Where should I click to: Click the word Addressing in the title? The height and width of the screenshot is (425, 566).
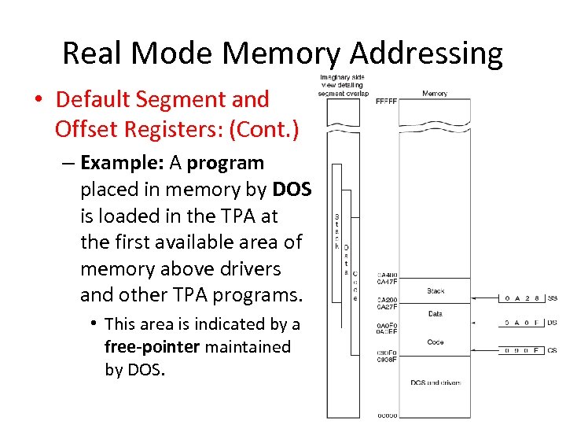click(x=426, y=54)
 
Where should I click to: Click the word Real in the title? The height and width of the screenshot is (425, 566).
click(x=92, y=54)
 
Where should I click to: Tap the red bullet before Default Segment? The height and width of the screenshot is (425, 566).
click(x=38, y=100)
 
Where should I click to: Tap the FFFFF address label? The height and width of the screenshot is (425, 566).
click(x=386, y=102)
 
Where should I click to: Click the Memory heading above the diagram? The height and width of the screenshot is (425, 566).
click(x=434, y=93)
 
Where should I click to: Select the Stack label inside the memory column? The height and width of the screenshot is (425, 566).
click(x=436, y=291)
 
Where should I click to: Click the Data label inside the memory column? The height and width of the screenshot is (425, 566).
click(x=436, y=314)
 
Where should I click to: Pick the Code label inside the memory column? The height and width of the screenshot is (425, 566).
click(x=436, y=342)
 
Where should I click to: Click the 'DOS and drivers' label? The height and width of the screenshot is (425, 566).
click(x=436, y=383)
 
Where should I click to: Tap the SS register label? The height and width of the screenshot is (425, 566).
click(x=553, y=299)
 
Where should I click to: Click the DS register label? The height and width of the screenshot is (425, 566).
click(x=553, y=323)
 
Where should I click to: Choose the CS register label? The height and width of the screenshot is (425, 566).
click(x=553, y=350)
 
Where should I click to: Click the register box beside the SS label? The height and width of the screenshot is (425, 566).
click(x=522, y=299)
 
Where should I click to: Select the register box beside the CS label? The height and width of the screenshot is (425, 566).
click(x=522, y=350)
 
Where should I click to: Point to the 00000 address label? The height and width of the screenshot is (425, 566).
click(x=387, y=416)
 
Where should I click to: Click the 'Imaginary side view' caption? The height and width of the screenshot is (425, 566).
click(x=343, y=85)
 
